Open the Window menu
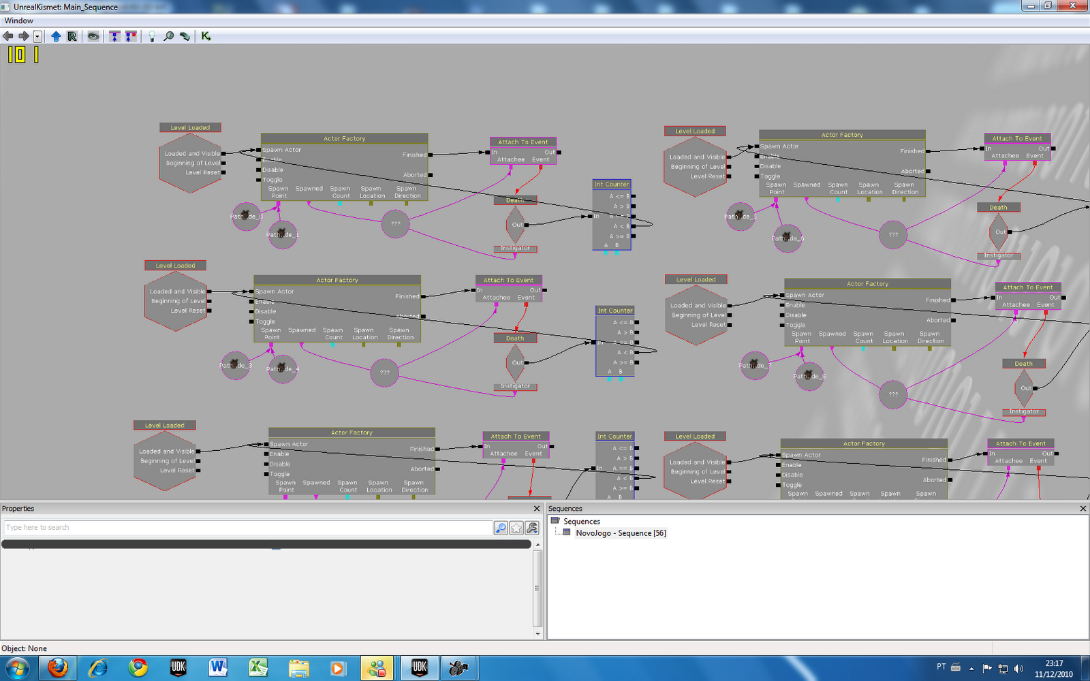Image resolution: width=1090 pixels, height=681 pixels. click(18, 20)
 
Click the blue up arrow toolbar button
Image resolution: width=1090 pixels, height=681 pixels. click(56, 36)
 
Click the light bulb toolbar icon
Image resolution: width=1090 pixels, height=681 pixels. click(151, 36)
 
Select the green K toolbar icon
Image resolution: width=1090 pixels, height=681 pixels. click(206, 36)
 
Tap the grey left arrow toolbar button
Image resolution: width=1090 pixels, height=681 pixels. click(8, 36)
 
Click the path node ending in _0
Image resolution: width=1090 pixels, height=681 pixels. click(246, 217)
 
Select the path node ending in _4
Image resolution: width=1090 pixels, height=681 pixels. click(282, 368)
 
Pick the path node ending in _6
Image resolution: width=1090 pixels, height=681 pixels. click(788, 238)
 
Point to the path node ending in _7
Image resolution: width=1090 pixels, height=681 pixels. click(754, 365)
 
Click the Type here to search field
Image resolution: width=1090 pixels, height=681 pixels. click(245, 528)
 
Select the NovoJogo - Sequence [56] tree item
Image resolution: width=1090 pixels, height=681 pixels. click(621, 533)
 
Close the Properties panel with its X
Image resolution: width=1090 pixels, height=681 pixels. click(536, 509)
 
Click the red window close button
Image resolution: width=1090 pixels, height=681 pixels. click(1074, 5)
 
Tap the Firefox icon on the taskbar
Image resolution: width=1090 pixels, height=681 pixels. click(58, 668)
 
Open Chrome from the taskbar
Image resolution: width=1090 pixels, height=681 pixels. click(138, 668)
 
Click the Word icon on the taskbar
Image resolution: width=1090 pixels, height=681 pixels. click(218, 668)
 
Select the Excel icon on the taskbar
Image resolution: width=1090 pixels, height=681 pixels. click(258, 668)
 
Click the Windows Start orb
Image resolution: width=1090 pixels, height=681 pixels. click(16, 668)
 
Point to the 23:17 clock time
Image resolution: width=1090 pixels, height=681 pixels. click(1054, 663)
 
